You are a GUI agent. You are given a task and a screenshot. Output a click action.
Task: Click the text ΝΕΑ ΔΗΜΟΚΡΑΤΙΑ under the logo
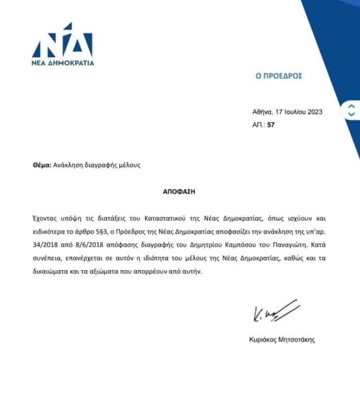tap(63, 63)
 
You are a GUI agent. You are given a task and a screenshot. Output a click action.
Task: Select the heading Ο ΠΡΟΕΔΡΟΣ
tap(279, 76)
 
